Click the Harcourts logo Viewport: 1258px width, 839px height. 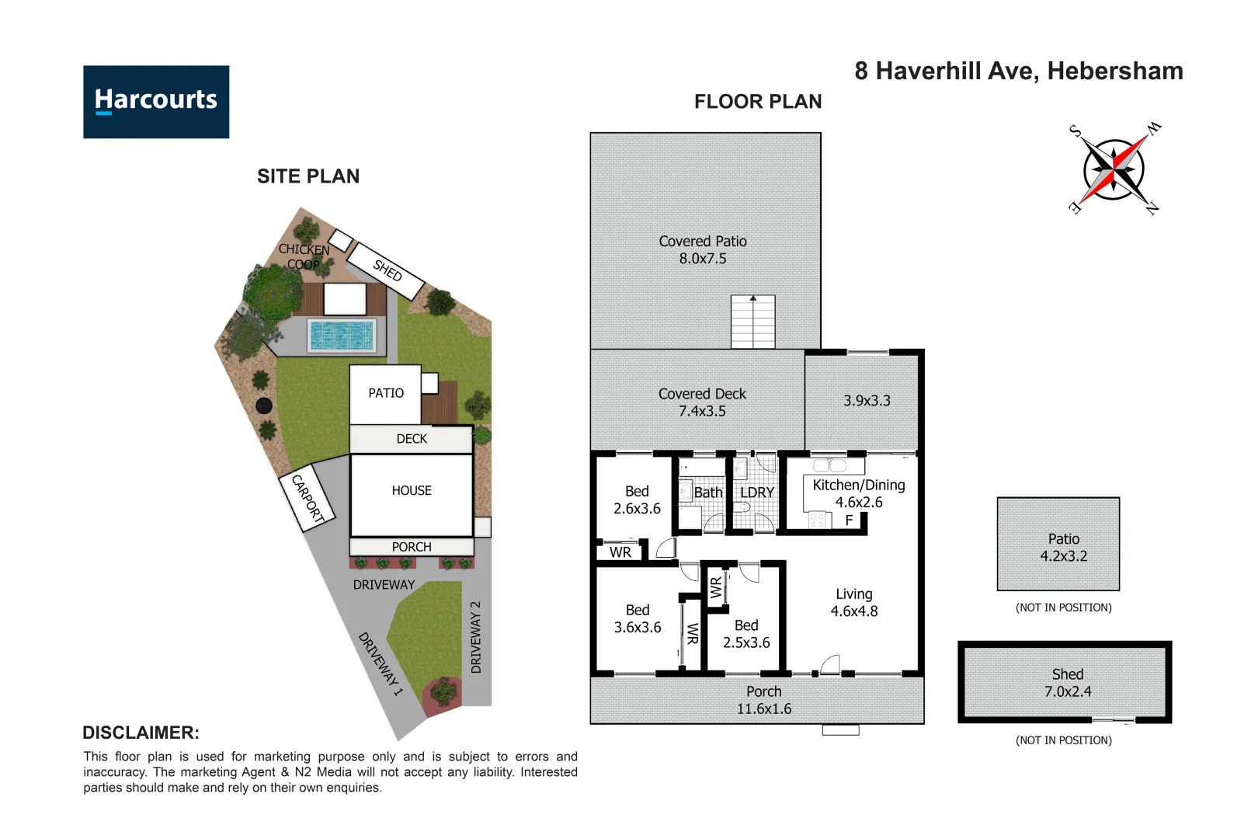[x=156, y=102]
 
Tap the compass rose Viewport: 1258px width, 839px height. [x=1114, y=169]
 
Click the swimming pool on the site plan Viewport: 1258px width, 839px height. [x=342, y=336]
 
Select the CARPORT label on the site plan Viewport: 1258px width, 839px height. [x=308, y=497]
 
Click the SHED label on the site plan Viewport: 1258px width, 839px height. [x=387, y=270]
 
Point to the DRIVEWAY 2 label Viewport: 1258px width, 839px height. [x=476, y=637]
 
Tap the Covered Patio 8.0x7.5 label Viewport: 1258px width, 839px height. [x=703, y=250]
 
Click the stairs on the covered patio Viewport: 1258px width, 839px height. [x=752, y=322]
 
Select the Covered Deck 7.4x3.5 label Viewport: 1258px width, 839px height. [x=702, y=402]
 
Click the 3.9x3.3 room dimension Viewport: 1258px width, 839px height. [x=867, y=401]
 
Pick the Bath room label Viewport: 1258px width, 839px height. [x=707, y=493]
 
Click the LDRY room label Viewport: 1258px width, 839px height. [x=756, y=493]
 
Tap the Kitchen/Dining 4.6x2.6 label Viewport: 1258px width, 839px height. [x=858, y=493]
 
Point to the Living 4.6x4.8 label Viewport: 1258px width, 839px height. [x=854, y=602]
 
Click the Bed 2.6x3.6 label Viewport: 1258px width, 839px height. [x=637, y=500]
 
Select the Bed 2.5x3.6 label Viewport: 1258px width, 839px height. [x=746, y=634]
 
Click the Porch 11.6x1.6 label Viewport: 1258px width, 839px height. [x=764, y=700]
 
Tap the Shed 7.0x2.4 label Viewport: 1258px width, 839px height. [x=1067, y=683]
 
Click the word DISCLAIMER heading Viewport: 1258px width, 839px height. [x=141, y=733]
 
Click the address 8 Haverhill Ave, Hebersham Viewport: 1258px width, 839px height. [x=1019, y=71]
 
